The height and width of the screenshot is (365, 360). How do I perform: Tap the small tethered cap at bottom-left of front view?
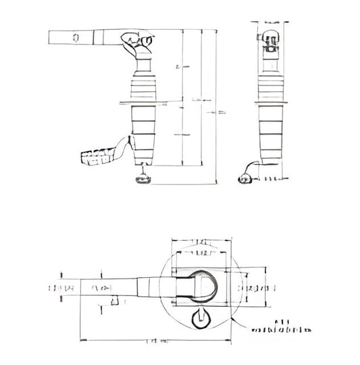tap(245, 178)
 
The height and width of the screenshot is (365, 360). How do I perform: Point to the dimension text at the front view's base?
tap(272, 179)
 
